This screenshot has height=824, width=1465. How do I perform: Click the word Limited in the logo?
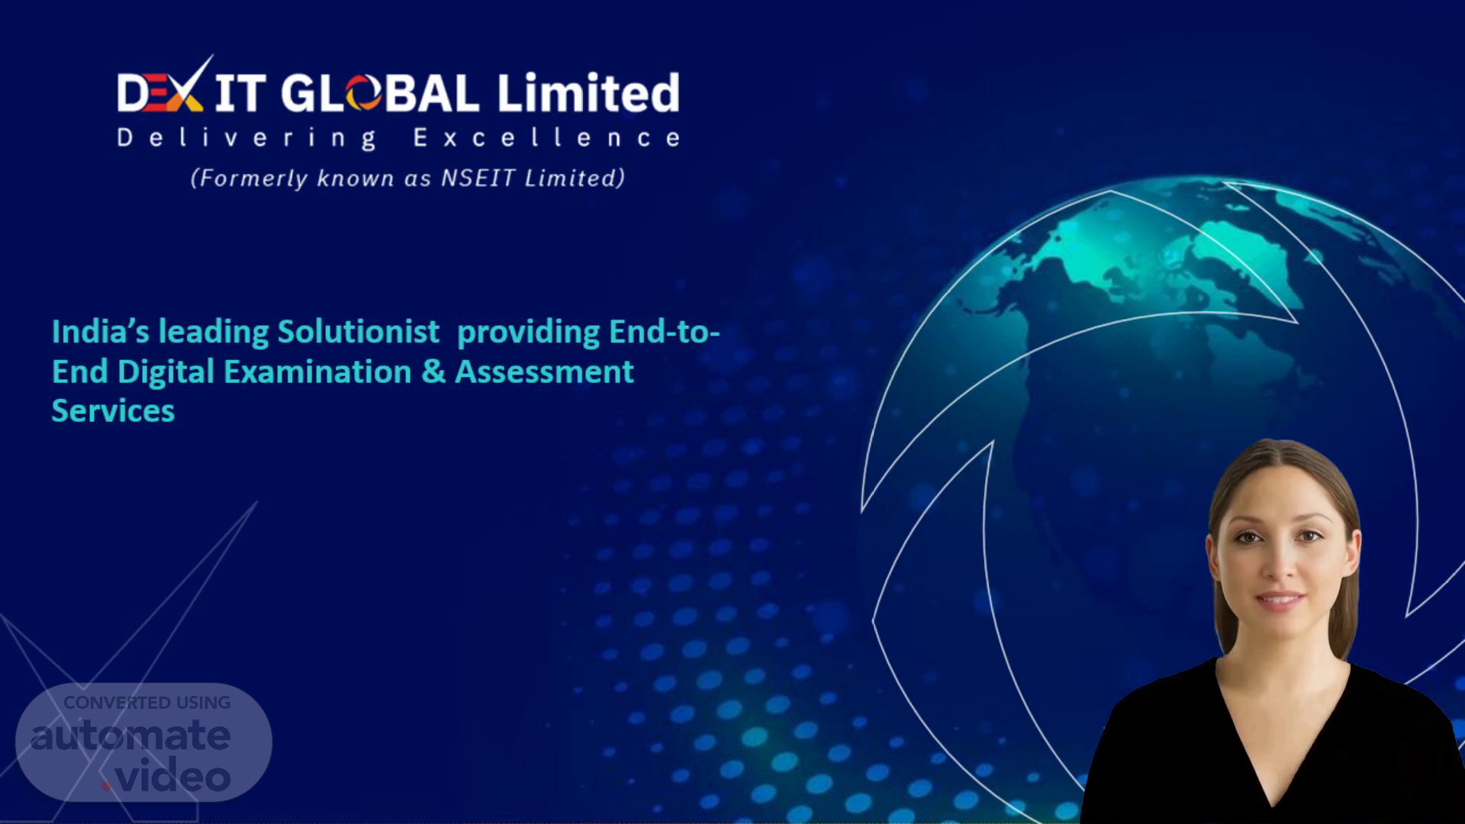[588, 93]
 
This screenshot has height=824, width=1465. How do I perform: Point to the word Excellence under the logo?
[546, 137]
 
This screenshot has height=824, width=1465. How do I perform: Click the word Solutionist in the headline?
[358, 332]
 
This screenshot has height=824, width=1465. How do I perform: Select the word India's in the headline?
[101, 332]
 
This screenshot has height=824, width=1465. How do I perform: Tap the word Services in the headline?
[113, 411]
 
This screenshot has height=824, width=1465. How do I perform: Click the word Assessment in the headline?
[544, 372]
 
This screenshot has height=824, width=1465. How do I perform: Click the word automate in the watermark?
[130, 736]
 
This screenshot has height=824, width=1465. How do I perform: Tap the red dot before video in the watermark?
[107, 785]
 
